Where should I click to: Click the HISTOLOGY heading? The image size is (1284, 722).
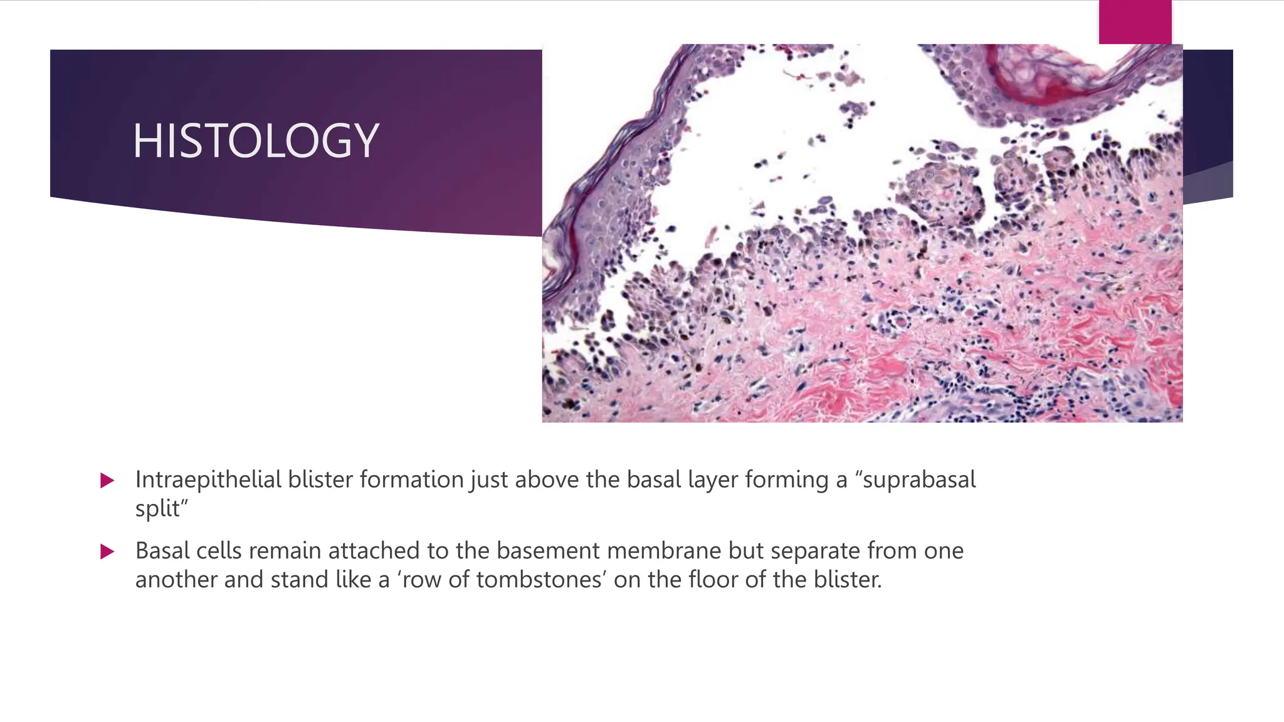point(256,140)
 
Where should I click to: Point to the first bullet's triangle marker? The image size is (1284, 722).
point(107,481)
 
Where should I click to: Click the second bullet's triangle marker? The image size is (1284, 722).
point(107,552)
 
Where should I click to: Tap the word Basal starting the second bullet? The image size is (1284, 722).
point(162,551)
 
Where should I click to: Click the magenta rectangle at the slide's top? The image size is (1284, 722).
point(1135,22)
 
